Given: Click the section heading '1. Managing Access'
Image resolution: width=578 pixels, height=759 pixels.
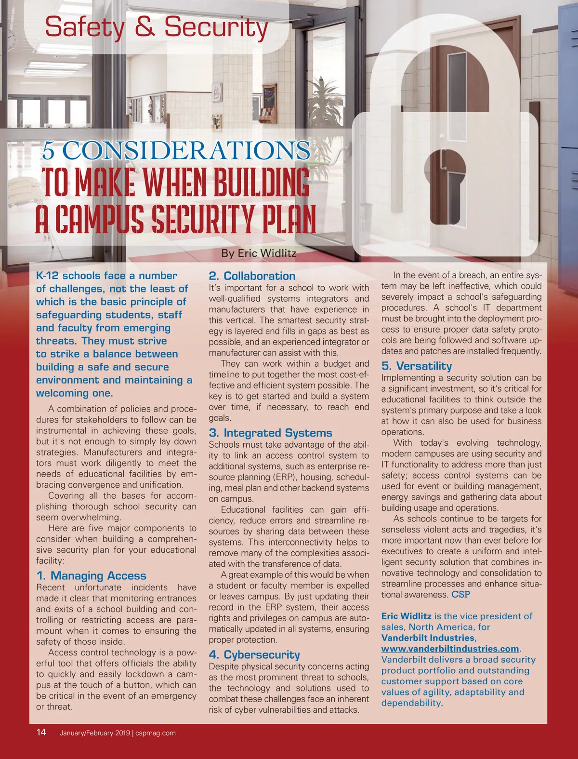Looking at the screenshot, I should pos(91,575).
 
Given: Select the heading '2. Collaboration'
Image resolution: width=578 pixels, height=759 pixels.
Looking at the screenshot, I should pos(252,276).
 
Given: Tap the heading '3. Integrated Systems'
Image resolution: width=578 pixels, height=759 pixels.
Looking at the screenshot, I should pos(270,433).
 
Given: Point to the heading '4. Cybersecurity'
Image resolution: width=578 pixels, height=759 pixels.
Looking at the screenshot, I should pos(254,654).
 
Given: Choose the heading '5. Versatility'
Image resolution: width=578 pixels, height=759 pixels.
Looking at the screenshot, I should pos(417,366).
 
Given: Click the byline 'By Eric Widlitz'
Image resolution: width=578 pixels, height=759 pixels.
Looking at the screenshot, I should pos(259,253).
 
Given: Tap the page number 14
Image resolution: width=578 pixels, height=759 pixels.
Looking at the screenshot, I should pos(41,732).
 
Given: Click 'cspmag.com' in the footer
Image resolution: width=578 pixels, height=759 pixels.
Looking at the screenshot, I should pos(156,733).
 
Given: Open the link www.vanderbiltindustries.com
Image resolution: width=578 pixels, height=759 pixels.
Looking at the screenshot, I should pos(450,649).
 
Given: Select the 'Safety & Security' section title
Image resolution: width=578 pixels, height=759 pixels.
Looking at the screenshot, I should pos(156,27).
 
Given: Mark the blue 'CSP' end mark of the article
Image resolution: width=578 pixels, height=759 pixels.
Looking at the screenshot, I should pos(460,594).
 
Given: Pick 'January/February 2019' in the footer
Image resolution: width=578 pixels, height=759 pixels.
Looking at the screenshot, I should pos(95,733).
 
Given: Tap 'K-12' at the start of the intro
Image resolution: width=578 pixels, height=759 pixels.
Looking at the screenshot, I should pos(47,276).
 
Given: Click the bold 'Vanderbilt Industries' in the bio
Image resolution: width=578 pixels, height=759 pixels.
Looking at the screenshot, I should pos(428,638).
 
